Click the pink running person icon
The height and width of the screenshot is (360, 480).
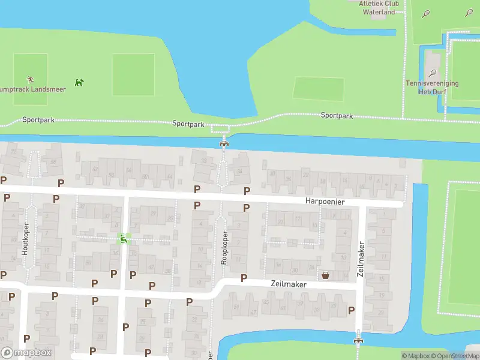[31, 79]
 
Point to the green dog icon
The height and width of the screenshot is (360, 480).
[79, 82]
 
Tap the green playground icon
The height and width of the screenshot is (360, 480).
[123, 239]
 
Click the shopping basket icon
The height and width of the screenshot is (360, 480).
[325, 275]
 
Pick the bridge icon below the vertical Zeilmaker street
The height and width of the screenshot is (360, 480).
[358, 340]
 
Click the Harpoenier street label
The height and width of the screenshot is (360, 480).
[325, 202]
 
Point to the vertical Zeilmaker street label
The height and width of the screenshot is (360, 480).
[361, 259]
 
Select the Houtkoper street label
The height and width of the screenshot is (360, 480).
[26, 239]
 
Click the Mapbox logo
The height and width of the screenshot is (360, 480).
[26, 353]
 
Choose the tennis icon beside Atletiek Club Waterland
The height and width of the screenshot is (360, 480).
[426, 13]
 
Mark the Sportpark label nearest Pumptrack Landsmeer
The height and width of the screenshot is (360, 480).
[38, 120]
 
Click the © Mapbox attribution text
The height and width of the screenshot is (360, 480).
[416, 356]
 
